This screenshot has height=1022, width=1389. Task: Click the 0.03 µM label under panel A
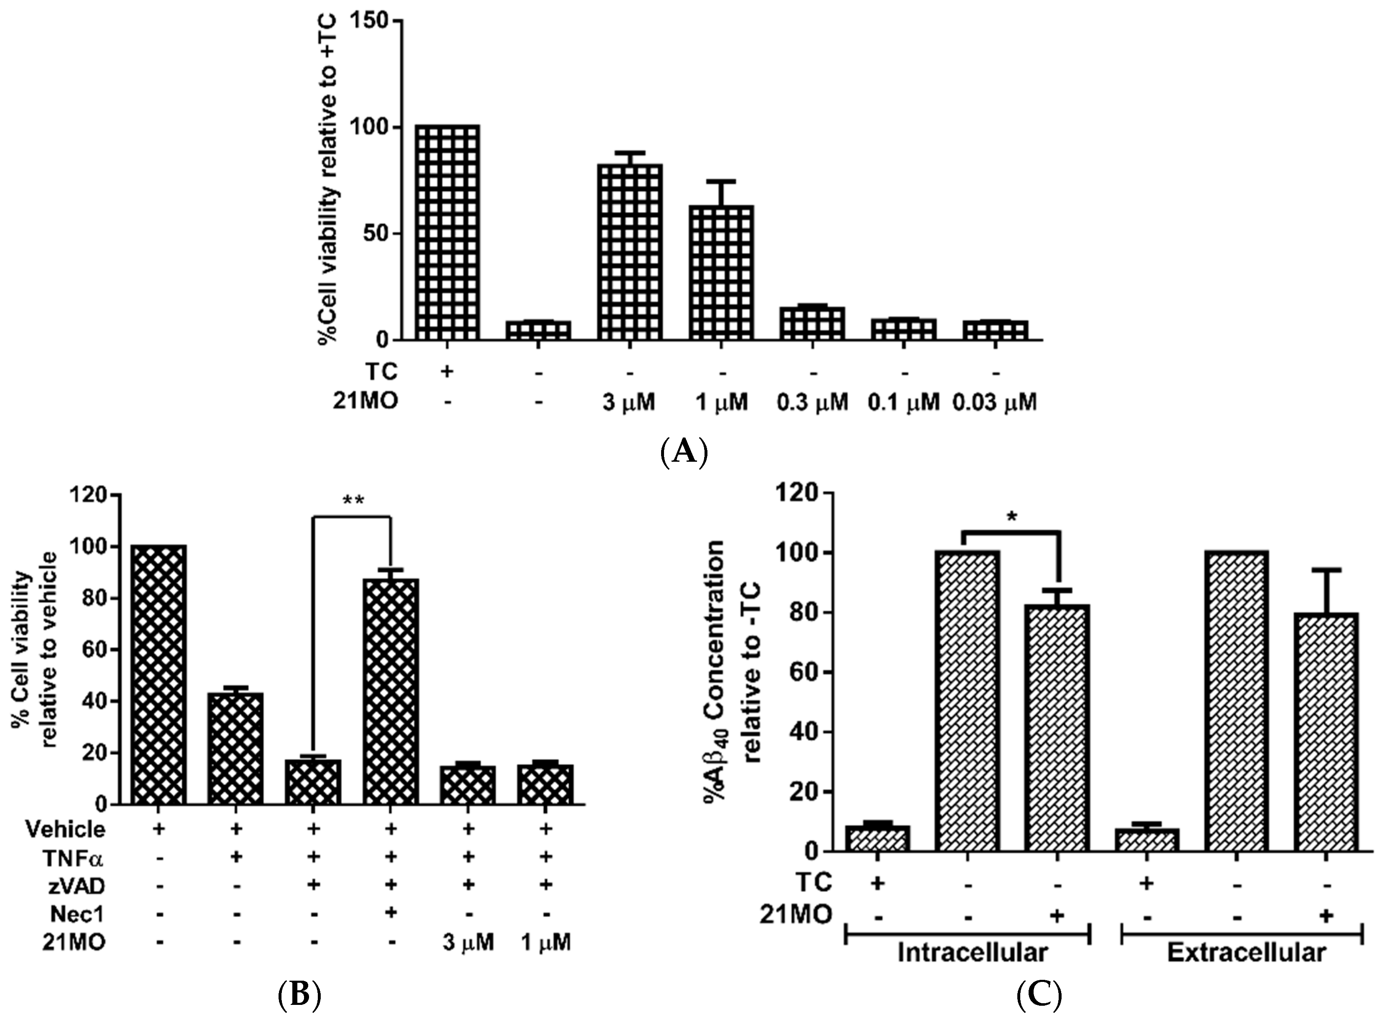pyautogui.click(x=994, y=403)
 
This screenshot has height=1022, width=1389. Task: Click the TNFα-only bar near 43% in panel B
pyautogui.click(x=237, y=748)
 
